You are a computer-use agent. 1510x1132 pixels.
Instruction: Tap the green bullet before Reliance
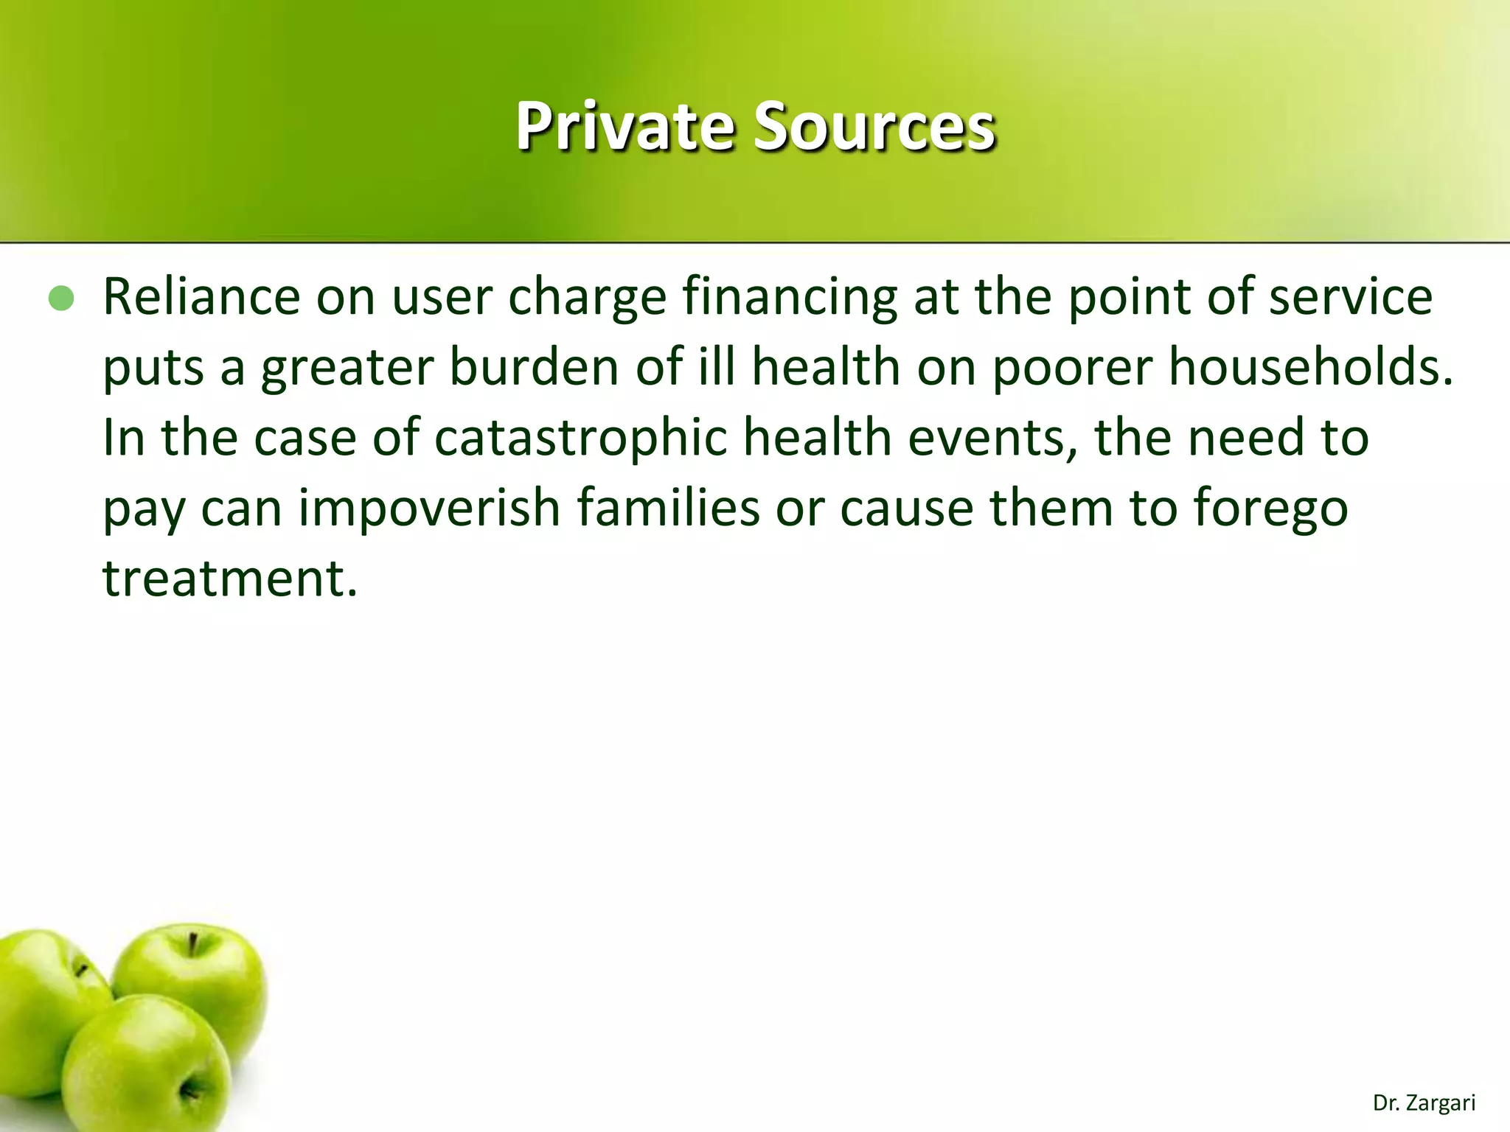pos(61,298)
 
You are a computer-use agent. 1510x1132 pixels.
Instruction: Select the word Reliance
pos(201,297)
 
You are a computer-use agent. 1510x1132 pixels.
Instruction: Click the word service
pos(1350,297)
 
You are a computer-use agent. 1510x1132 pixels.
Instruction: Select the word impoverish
pos(429,509)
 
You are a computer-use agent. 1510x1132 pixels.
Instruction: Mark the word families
pos(668,509)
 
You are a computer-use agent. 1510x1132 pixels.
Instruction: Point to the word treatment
pos(229,579)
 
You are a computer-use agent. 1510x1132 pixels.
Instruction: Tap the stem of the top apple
pos(192,944)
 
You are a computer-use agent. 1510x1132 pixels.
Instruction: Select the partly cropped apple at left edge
pos(37,995)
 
